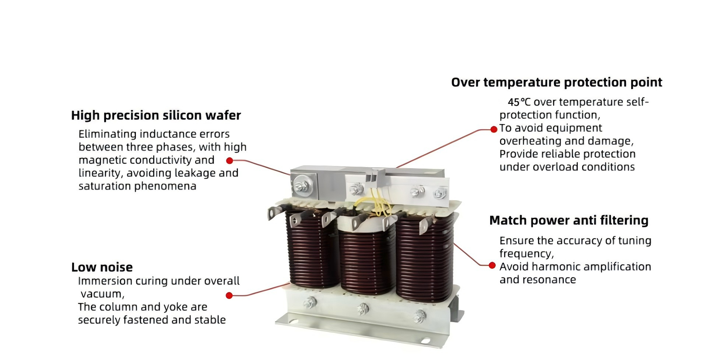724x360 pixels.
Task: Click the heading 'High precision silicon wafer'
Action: tap(156, 116)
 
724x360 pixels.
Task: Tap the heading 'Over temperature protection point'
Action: tap(556, 82)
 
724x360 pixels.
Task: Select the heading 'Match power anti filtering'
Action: tap(569, 220)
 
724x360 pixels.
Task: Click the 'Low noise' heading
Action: tap(102, 267)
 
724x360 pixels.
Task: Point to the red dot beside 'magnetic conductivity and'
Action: tap(229, 160)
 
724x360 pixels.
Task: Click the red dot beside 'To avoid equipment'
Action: tap(494, 129)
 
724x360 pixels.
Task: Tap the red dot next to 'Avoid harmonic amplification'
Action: tap(492, 265)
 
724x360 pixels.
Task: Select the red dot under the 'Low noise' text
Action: tap(229, 296)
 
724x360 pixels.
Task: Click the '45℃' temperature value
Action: tap(519, 102)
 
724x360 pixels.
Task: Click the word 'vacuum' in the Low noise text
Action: tap(101, 294)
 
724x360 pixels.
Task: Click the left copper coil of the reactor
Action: tap(312, 250)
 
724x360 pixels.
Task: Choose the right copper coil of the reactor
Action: tap(424, 258)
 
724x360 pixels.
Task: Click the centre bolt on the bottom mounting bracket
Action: tap(363, 308)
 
